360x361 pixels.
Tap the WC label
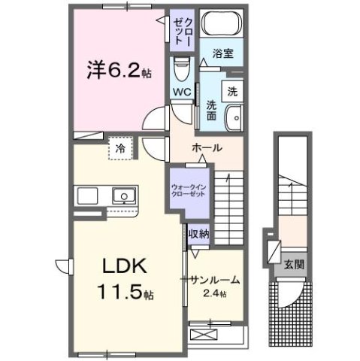pos(182,92)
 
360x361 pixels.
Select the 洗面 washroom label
pos(211,110)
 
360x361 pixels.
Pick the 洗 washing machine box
pos(233,91)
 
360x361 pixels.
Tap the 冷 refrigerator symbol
pos(120,149)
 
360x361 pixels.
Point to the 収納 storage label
pos(198,233)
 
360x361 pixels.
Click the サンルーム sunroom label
pos(215,279)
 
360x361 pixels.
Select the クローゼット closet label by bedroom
pos(183,32)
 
